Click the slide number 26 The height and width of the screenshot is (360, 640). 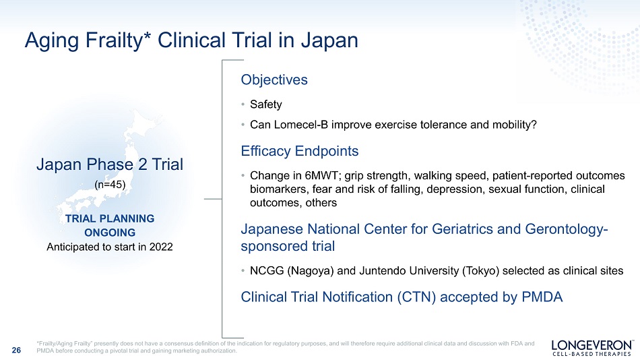tap(16, 350)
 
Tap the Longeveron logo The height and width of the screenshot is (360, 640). tap(592, 348)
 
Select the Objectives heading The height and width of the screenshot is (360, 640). tap(274, 80)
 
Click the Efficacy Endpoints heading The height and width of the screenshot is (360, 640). tap(300, 151)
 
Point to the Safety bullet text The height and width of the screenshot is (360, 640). tap(265, 104)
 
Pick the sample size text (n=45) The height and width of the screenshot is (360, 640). tap(110, 185)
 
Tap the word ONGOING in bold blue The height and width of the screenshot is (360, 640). tap(110, 233)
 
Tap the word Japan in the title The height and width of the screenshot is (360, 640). tap(329, 40)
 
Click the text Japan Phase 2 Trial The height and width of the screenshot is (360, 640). tap(110, 164)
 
